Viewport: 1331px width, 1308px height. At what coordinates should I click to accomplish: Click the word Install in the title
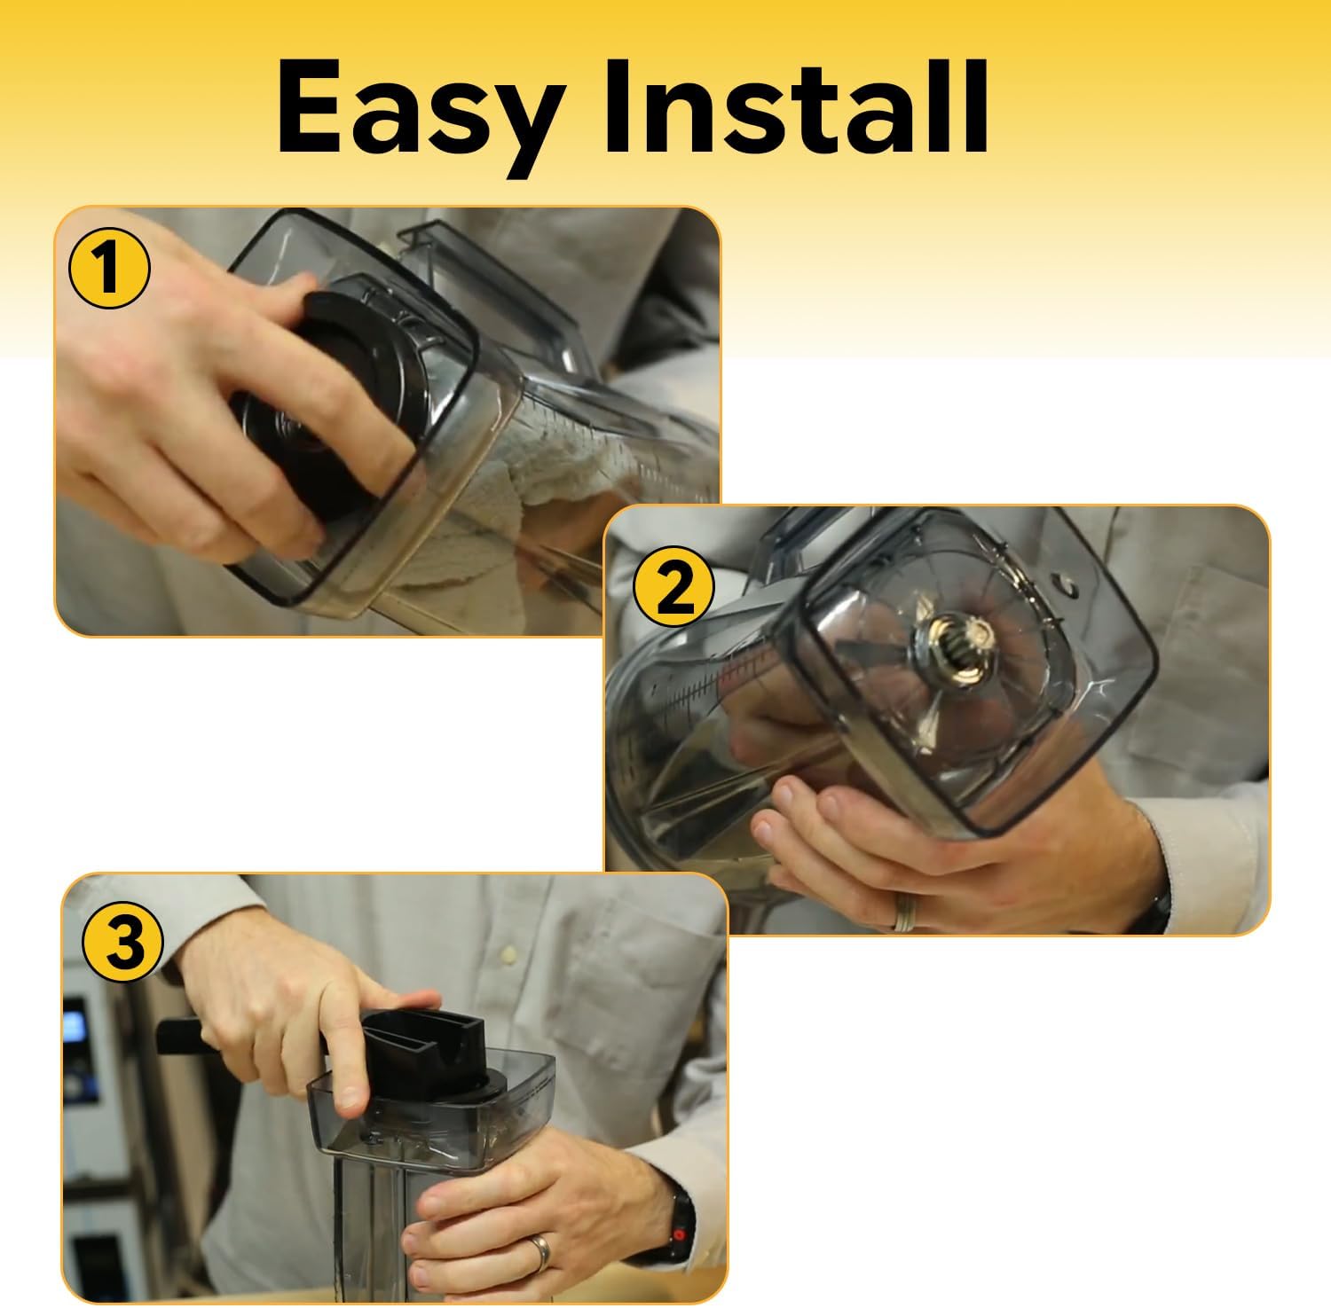pyautogui.click(x=798, y=107)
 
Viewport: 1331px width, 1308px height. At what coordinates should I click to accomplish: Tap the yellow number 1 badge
pyautogui.click(x=108, y=269)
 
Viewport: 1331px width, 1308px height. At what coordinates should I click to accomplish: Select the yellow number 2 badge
pyautogui.click(x=674, y=590)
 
